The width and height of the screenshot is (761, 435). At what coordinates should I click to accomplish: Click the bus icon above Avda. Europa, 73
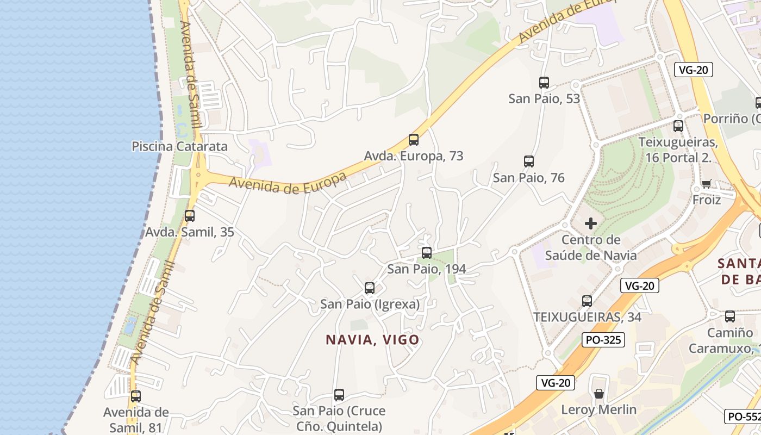click(414, 140)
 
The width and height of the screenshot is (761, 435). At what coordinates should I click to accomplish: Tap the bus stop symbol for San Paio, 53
click(544, 83)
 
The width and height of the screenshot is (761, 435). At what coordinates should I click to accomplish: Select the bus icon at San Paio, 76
click(529, 161)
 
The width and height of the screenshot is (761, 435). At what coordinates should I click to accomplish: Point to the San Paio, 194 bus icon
click(427, 253)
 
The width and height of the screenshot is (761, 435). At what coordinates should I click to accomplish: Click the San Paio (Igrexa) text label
click(370, 304)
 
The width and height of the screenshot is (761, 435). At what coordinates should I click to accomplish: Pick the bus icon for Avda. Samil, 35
click(190, 216)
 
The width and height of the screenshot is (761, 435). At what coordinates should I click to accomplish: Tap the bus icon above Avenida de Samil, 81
click(136, 396)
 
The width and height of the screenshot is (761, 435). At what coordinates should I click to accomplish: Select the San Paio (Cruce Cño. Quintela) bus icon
click(339, 395)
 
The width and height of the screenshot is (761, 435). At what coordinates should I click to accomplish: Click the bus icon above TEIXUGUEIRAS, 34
click(587, 301)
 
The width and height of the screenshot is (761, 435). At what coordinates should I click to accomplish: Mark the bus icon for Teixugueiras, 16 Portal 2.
click(678, 126)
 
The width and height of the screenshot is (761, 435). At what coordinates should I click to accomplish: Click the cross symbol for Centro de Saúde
click(591, 223)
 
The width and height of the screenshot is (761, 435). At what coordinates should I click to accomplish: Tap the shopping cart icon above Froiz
click(706, 184)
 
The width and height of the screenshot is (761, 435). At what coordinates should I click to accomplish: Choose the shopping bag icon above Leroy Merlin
click(599, 393)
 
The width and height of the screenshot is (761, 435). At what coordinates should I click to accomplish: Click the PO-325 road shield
click(603, 340)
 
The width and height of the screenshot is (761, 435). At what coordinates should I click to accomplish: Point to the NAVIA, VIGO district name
click(372, 340)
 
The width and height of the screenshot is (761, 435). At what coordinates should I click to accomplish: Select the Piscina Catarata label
click(179, 146)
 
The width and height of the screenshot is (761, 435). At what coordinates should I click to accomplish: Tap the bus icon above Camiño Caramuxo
click(730, 316)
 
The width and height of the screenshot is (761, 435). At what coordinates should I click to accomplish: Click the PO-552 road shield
click(743, 417)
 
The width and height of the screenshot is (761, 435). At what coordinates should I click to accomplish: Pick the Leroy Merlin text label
click(598, 409)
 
